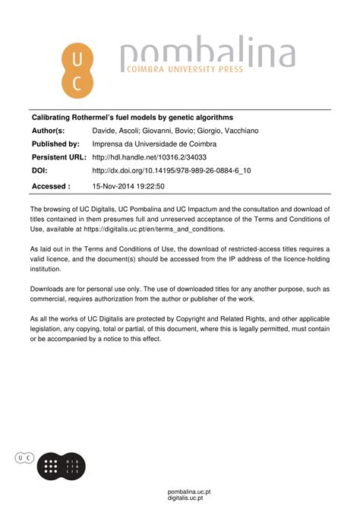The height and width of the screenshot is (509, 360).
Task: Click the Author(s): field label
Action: click(48, 131)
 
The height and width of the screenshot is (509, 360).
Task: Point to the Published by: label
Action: click(55, 144)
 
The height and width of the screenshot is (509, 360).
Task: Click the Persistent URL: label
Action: click(59, 157)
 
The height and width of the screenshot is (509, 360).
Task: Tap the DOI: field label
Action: click(39, 171)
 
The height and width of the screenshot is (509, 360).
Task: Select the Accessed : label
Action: click(51, 185)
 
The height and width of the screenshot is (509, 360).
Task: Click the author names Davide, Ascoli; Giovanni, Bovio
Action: click(175, 131)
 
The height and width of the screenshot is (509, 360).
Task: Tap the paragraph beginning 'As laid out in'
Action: click(179, 258)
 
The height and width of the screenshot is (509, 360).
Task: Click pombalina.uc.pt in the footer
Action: click(189, 492)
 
